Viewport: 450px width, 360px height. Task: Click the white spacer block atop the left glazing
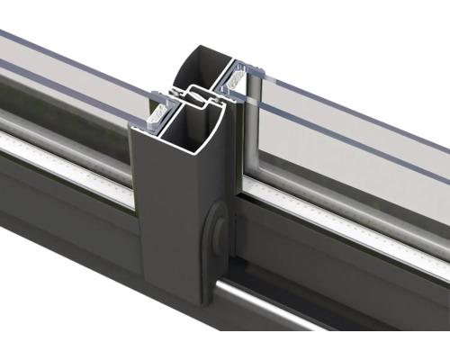(x=158, y=110)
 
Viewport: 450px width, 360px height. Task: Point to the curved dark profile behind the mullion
(x=191, y=63)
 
